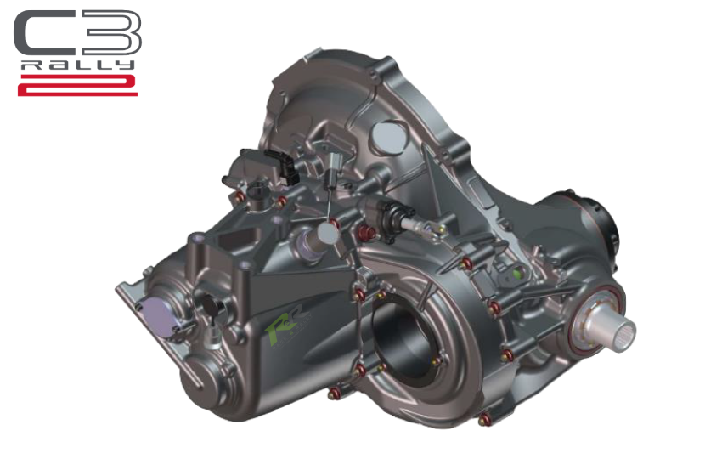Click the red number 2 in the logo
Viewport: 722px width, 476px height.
(77, 84)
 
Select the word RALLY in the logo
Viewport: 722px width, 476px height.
(77, 65)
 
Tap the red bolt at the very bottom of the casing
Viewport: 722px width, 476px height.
(485, 419)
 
